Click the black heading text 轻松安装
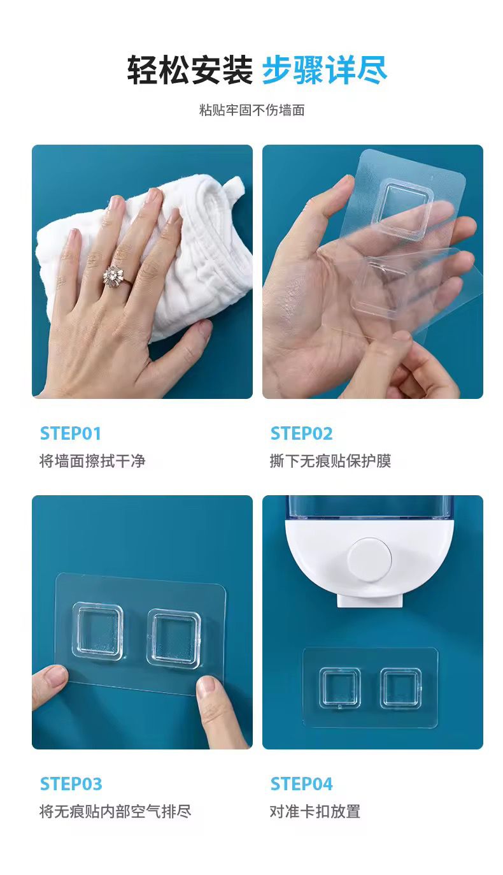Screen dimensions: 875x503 (x=190, y=70)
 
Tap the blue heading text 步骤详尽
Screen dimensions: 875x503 (x=325, y=70)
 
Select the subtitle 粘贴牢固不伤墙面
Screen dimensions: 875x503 (x=251, y=110)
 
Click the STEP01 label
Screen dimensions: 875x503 (x=71, y=434)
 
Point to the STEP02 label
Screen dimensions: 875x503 (x=301, y=434)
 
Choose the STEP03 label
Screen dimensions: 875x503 (x=71, y=784)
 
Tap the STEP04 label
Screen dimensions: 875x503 (x=301, y=784)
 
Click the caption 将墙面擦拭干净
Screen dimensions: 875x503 (x=92, y=461)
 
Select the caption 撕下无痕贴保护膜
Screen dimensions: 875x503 (x=330, y=461)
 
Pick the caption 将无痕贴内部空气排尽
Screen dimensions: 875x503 (x=115, y=811)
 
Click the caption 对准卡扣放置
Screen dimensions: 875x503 (x=315, y=811)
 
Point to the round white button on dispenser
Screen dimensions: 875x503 (x=370, y=559)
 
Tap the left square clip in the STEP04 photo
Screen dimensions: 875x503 (x=339, y=688)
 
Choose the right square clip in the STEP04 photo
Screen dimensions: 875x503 (x=400, y=688)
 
